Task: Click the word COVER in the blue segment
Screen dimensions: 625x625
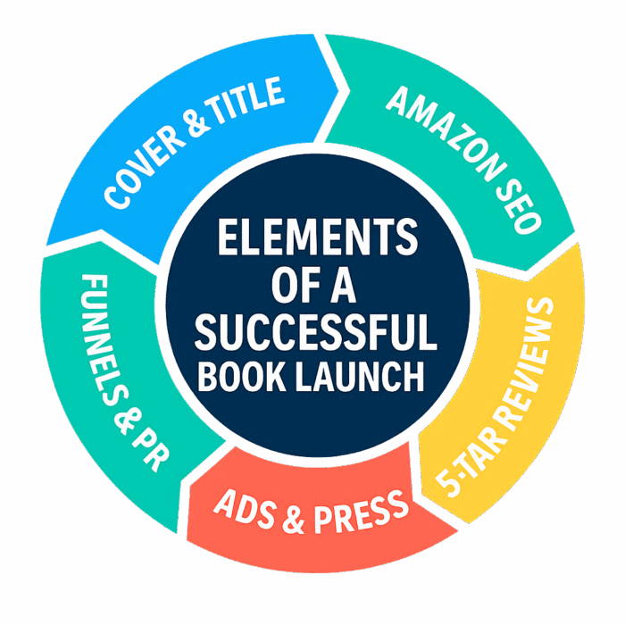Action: click(145, 167)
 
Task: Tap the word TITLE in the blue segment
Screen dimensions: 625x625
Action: click(245, 100)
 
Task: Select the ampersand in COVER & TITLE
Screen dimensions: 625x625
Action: click(197, 123)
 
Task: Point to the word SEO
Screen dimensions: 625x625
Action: click(519, 204)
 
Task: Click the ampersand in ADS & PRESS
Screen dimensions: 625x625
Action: click(294, 521)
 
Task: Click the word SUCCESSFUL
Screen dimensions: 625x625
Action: click(316, 332)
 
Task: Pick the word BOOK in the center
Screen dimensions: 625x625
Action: click(242, 376)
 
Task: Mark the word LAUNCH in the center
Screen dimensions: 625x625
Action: click(360, 376)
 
